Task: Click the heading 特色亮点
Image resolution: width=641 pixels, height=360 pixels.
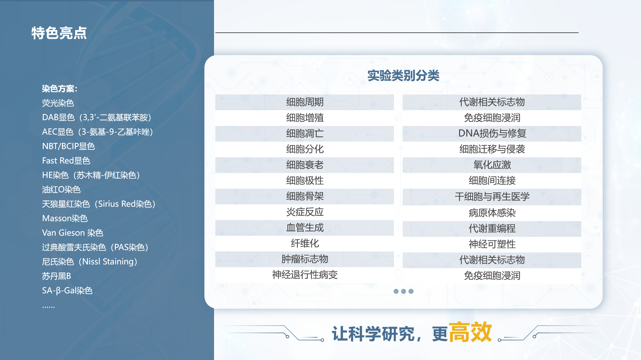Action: click(x=59, y=33)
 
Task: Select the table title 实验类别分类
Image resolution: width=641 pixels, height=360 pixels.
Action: click(x=403, y=76)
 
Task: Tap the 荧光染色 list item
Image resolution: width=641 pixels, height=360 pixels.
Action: click(x=58, y=103)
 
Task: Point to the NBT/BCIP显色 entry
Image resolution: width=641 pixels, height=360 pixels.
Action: click(x=68, y=146)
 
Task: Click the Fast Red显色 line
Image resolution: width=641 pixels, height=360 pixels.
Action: click(x=66, y=161)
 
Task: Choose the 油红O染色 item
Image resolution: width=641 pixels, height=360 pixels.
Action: click(x=61, y=189)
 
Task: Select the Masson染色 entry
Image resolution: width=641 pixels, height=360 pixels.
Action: click(x=65, y=218)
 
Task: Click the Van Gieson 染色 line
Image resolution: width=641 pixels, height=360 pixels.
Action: click(x=73, y=233)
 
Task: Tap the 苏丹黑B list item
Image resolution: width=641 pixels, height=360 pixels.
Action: click(x=56, y=276)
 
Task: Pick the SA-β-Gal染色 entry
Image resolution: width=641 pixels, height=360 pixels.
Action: click(x=67, y=291)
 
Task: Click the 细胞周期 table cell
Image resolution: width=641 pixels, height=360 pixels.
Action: click(x=304, y=102)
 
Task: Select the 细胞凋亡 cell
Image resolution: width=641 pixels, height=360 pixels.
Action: click(x=304, y=134)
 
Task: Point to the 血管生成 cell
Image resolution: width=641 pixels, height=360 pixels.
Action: click(x=304, y=228)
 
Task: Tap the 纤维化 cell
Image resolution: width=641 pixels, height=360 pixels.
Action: click(x=304, y=243)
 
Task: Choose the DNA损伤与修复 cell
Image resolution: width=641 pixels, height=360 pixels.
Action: click(x=492, y=134)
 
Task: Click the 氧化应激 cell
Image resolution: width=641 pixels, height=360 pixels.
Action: click(x=492, y=165)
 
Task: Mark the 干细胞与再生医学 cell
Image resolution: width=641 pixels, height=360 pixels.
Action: click(x=492, y=197)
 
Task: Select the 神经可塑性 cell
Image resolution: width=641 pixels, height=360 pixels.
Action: click(x=492, y=244)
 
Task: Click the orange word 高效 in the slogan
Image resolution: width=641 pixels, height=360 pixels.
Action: click(x=470, y=332)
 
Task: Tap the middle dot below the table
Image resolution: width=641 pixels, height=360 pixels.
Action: click(x=403, y=291)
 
